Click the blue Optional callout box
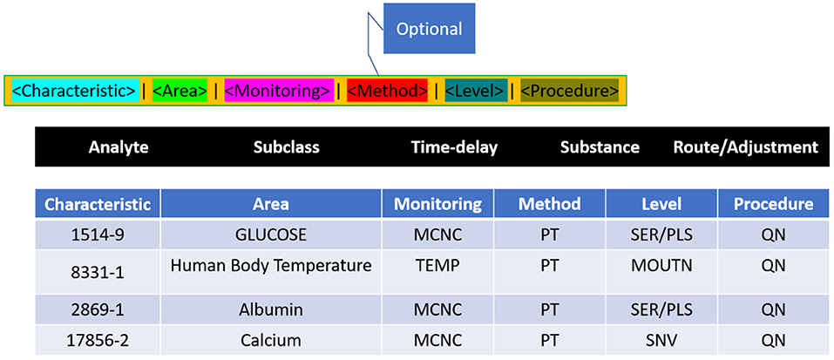(x=429, y=28)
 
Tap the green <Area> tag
(x=180, y=91)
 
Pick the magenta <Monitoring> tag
(x=279, y=91)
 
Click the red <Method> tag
(x=387, y=91)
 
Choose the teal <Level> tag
(x=476, y=91)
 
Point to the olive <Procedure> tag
(x=569, y=91)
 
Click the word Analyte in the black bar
(x=119, y=147)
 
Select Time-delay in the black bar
(x=454, y=147)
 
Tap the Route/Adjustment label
(x=746, y=147)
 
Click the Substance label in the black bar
(x=600, y=147)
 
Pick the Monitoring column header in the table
(x=437, y=204)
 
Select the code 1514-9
(x=98, y=235)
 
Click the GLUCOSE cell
(x=271, y=235)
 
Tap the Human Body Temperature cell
(x=271, y=266)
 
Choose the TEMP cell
(x=437, y=266)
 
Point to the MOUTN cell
(x=662, y=266)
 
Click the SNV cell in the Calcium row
(x=662, y=340)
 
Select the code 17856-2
(x=98, y=340)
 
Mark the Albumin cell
(x=271, y=309)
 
